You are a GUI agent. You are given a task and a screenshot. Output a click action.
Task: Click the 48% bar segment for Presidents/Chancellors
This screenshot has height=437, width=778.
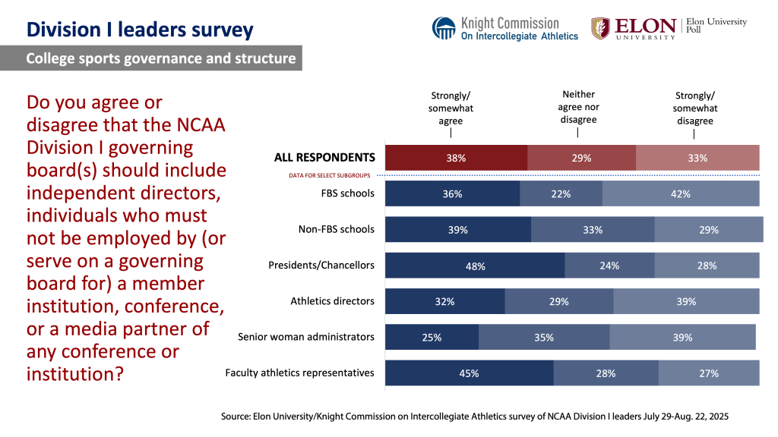point(475,266)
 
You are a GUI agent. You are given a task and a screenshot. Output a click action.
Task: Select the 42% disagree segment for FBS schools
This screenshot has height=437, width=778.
point(681,193)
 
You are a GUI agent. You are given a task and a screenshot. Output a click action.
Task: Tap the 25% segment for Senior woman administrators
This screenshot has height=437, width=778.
point(432,337)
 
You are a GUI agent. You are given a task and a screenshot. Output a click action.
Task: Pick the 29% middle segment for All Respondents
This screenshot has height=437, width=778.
point(581,158)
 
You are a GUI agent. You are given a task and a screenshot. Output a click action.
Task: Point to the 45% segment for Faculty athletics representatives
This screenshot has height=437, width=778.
point(469,373)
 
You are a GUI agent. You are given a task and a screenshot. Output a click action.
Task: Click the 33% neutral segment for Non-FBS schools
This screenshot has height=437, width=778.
point(593,229)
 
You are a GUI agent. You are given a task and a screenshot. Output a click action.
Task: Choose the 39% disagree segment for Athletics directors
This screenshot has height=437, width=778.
point(686,301)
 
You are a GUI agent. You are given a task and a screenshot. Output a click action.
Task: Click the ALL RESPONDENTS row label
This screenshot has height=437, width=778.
point(324,158)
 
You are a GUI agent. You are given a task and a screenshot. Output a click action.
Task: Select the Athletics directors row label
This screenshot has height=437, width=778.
point(332,301)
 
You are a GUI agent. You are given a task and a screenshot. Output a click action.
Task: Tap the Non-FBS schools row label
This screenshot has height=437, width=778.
point(336,229)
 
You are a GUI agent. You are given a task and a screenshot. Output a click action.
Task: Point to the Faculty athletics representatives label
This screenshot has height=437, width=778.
point(300,373)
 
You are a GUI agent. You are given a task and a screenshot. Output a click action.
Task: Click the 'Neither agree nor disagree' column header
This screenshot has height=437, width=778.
point(578,107)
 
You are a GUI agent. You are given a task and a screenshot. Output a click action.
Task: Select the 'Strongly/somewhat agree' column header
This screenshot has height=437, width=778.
point(451,108)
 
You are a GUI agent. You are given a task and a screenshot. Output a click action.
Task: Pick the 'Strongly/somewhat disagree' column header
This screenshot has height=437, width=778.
point(694,108)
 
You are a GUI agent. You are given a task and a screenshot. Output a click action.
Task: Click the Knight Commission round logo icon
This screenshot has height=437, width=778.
point(444,28)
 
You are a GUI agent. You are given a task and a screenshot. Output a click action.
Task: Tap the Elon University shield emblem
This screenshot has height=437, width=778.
point(600,28)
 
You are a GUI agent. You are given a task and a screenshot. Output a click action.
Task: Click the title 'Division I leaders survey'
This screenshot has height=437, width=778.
point(140,30)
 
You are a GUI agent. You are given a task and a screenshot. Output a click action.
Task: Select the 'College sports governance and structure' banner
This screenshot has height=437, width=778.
point(160,58)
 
